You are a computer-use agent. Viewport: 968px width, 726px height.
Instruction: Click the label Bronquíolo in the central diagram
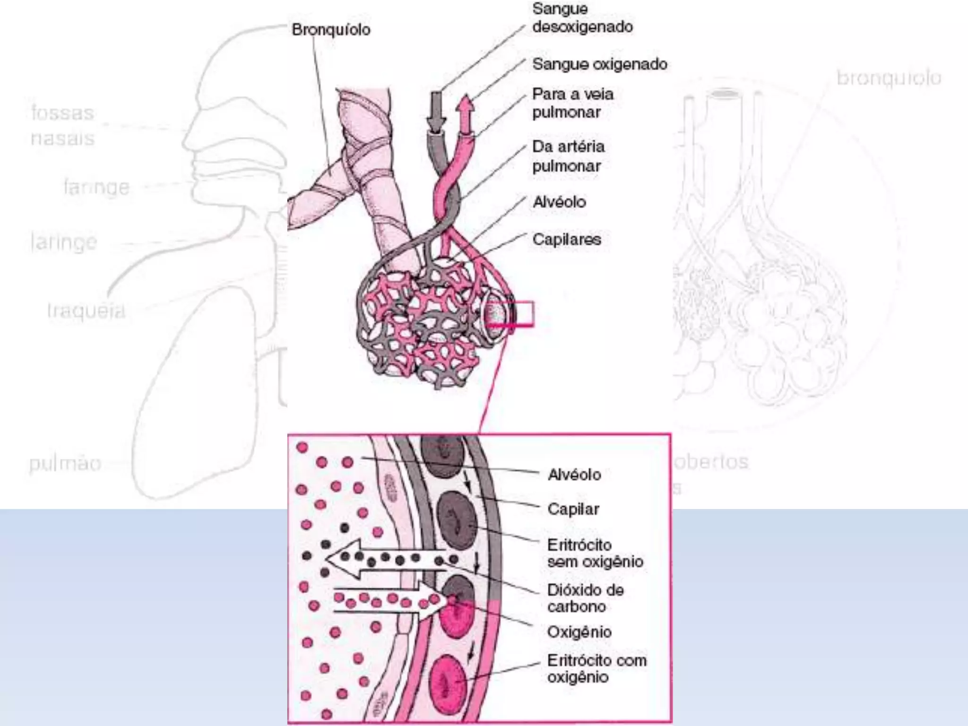tap(331, 30)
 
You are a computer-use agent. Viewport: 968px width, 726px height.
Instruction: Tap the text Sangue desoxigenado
tap(582, 18)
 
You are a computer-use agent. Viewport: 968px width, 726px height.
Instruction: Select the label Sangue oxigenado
tap(599, 64)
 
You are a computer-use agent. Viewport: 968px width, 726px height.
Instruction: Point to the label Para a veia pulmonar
tap(572, 103)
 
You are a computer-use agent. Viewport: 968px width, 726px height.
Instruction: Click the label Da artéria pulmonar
tap(568, 156)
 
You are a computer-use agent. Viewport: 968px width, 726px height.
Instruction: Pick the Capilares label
tap(566, 239)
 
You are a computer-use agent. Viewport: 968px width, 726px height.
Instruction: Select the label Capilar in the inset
tap(573, 509)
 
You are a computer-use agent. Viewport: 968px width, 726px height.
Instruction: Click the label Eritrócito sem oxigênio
tap(595, 553)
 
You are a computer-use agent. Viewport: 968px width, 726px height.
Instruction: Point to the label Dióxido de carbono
tap(585, 598)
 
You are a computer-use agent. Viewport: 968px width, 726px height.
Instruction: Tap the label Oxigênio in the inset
tap(579, 632)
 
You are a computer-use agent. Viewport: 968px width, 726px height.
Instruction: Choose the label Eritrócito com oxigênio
tap(596, 668)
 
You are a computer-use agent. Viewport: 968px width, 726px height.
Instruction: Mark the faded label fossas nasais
tap(62, 126)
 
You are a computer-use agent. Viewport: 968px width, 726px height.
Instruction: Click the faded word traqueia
tap(86, 311)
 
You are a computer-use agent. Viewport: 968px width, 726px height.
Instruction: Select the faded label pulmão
tap(65, 463)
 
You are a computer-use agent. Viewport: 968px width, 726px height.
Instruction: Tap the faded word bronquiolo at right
tap(889, 78)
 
